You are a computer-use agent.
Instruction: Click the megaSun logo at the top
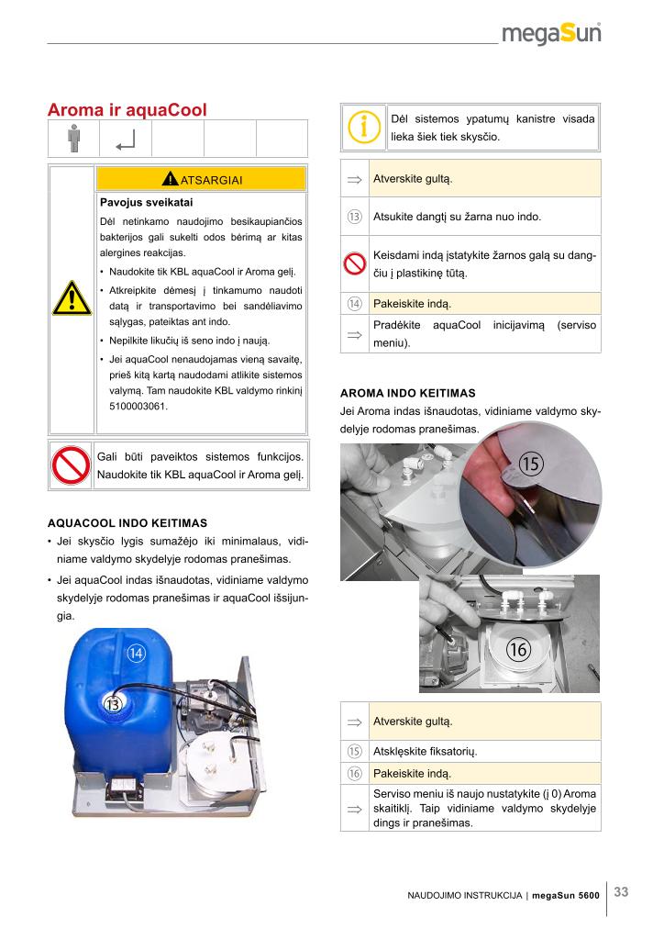pyautogui.click(x=551, y=33)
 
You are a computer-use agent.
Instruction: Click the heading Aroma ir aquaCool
pyautogui.click(x=127, y=110)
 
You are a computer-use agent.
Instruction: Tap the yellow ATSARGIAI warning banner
pyautogui.click(x=201, y=179)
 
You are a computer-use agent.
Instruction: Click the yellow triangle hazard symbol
pyautogui.click(x=72, y=298)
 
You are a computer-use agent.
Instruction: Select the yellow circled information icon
pyautogui.click(x=363, y=127)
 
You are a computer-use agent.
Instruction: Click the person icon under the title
pyautogui.click(x=73, y=138)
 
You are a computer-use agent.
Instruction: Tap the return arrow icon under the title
pyautogui.click(x=126, y=140)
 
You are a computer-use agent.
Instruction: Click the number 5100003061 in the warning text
pyautogui.click(x=138, y=406)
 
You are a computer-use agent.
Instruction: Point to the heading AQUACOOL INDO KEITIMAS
pyautogui.click(x=127, y=522)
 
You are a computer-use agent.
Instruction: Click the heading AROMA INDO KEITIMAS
pyautogui.click(x=408, y=393)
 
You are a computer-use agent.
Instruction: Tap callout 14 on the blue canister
pyautogui.click(x=136, y=653)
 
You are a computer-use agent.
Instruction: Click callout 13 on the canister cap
pyautogui.click(x=113, y=704)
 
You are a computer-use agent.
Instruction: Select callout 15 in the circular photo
pyautogui.click(x=530, y=464)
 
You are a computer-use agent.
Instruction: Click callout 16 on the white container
pyautogui.click(x=518, y=649)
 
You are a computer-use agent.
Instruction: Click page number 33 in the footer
pyautogui.click(x=622, y=892)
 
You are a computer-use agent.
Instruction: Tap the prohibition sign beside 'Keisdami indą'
pyautogui.click(x=354, y=263)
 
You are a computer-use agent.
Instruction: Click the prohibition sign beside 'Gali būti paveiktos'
pyautogui.click(x=71, y=465)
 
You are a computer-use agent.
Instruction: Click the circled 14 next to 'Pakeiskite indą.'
pyautogui.click(x=354, y=304)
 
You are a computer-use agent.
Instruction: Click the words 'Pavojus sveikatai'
pyautogui.click(x=146, y=203)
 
